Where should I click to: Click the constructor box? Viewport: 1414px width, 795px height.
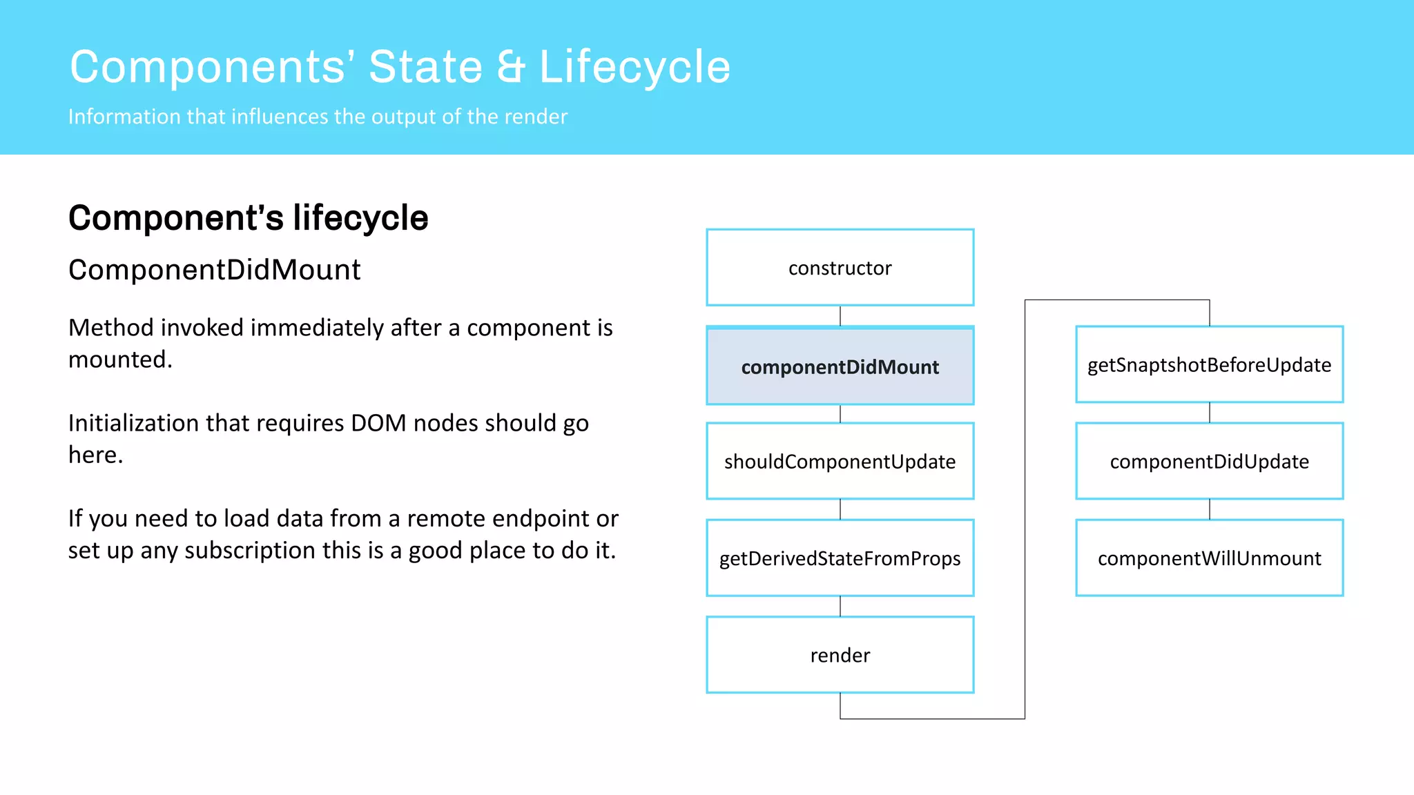[840, 268]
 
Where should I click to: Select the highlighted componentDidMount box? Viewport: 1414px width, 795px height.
[840, 366]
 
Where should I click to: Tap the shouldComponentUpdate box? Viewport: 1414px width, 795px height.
[840, 461]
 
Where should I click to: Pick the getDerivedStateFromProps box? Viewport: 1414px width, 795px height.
[840, 558]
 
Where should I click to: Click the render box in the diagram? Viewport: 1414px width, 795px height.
[840, 654]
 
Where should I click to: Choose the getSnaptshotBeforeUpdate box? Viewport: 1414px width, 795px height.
[1209, 364]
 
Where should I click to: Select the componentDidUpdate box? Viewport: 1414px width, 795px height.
[1209, 461]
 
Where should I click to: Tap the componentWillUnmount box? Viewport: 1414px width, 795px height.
[1209, 558]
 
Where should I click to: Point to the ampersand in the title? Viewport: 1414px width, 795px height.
[511, 67]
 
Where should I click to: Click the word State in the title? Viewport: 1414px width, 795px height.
[425, 67]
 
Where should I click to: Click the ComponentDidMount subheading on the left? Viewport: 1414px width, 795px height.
[214, 270]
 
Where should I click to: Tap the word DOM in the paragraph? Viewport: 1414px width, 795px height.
[378, 423]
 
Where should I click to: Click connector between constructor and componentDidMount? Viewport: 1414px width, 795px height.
[840, 316]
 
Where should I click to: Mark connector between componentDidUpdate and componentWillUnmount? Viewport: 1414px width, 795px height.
[1210, 509]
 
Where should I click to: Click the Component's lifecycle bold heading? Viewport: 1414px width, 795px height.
[248, 218]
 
